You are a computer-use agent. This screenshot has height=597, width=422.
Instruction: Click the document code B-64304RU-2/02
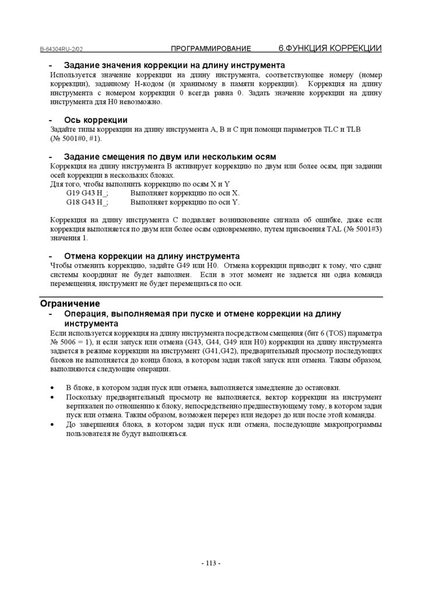pos(65,50)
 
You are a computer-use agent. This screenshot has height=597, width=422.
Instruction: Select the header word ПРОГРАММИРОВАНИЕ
pos(211,48)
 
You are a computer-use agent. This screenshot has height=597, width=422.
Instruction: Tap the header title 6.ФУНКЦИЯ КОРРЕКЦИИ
pos(330,48)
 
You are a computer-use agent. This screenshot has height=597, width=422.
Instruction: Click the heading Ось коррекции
pos(96,120)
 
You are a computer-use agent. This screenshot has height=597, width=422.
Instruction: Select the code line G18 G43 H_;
pos(87,203)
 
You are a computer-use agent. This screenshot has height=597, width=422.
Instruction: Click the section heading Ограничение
pos(70,304)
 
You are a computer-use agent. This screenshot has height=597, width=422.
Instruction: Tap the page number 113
pos(211,563)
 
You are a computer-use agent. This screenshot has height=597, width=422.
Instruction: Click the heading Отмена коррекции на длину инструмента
pos(152,256)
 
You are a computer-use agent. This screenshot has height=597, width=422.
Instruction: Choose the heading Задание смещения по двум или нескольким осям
pos(170,157)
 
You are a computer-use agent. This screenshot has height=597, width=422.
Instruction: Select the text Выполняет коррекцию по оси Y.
pos(185,203)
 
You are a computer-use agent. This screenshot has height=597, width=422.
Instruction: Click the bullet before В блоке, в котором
pos(53,388)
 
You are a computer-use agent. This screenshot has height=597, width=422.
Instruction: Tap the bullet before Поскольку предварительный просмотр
pos(53,396)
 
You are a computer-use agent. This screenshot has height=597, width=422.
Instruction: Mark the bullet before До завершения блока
pos(53,424)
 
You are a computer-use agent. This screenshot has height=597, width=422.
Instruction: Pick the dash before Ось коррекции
pos(51,120)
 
